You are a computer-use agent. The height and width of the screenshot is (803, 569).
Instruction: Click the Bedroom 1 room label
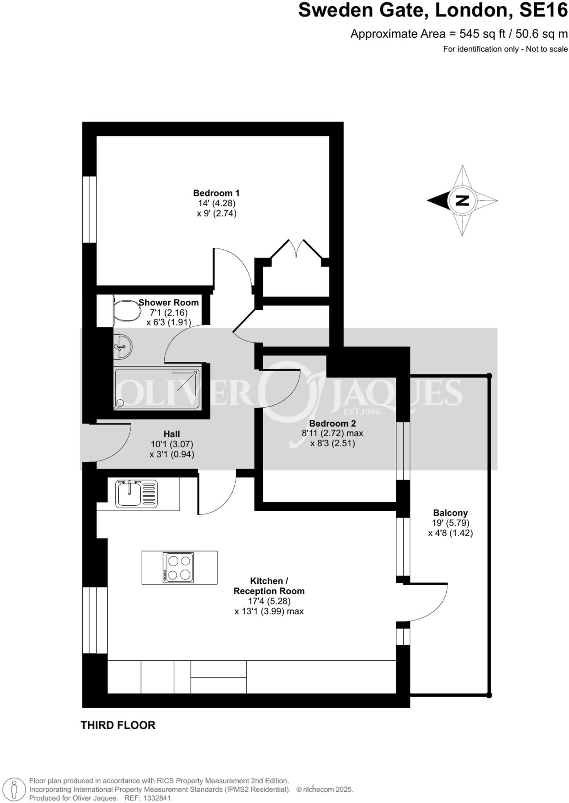click(x=216, y=193)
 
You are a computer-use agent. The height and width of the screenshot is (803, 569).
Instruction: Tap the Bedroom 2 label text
click(x=332, y=423)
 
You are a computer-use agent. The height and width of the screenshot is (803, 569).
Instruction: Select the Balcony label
click(x=450, y=513)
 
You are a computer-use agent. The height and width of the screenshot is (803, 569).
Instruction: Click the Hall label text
click(x=172, y=434)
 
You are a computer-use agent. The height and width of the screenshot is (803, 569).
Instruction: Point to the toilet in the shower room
click(x=126, y=311)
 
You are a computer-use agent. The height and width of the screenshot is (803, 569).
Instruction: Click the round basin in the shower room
click(x=122, y=347)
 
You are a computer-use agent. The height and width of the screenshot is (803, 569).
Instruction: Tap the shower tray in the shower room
click(x=158, y=389)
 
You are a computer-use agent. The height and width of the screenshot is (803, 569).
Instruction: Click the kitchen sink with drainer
click(x=136, y=494)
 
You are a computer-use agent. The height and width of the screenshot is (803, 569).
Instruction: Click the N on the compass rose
click(x=463, y=200)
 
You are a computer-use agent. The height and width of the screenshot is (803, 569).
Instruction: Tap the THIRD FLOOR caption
click(x=118, y=725)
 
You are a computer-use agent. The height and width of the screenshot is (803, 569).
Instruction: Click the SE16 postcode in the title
click(x=543, y=11)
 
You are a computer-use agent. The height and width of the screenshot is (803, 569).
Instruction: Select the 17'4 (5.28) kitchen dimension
click(x=268, y=601)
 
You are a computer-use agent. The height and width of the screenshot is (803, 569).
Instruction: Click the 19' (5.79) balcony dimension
click(x=450, y=523)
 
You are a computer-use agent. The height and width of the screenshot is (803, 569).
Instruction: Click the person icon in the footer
click(x=14, y=789)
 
